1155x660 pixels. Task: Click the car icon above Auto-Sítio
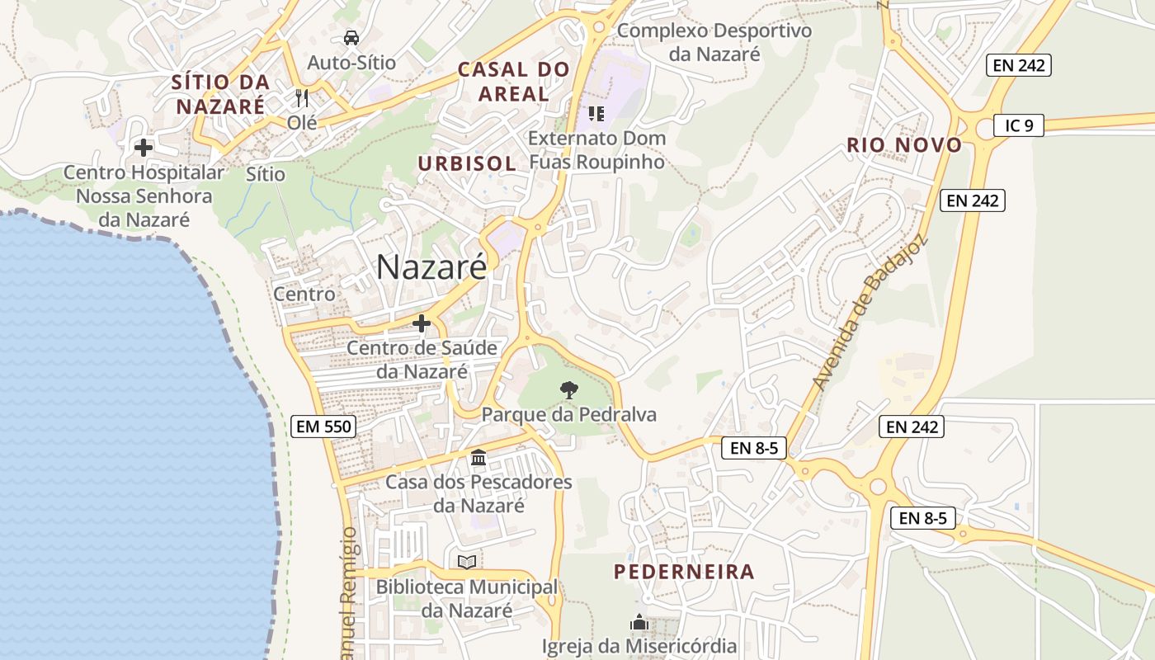point(351,38)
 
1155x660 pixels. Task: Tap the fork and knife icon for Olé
point(302,98)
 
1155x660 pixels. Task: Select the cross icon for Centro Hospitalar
point(144,148)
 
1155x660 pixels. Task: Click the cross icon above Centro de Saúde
point(422,323)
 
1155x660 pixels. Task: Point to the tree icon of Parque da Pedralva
point(568,389)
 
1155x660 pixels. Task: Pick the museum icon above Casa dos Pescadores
point(478,457)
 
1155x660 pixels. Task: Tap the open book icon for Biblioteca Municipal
point(467,562)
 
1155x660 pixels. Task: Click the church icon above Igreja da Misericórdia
point(639,622)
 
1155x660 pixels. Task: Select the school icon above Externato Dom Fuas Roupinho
point(596,114)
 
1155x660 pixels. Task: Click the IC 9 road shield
point(1019,125)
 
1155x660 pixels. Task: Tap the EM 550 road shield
point(323,427)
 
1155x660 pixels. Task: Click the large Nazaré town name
point(431,266)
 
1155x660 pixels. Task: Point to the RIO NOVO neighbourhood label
point(904,145)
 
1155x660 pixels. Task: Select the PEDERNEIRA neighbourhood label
point(684,572)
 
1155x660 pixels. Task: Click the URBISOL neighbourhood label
point(467,163)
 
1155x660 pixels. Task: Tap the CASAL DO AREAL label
point(514,82)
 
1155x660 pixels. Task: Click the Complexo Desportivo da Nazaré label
point(714,42)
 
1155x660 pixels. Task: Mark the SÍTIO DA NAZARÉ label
point(221,94)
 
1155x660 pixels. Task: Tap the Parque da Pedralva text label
point(569,414)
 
